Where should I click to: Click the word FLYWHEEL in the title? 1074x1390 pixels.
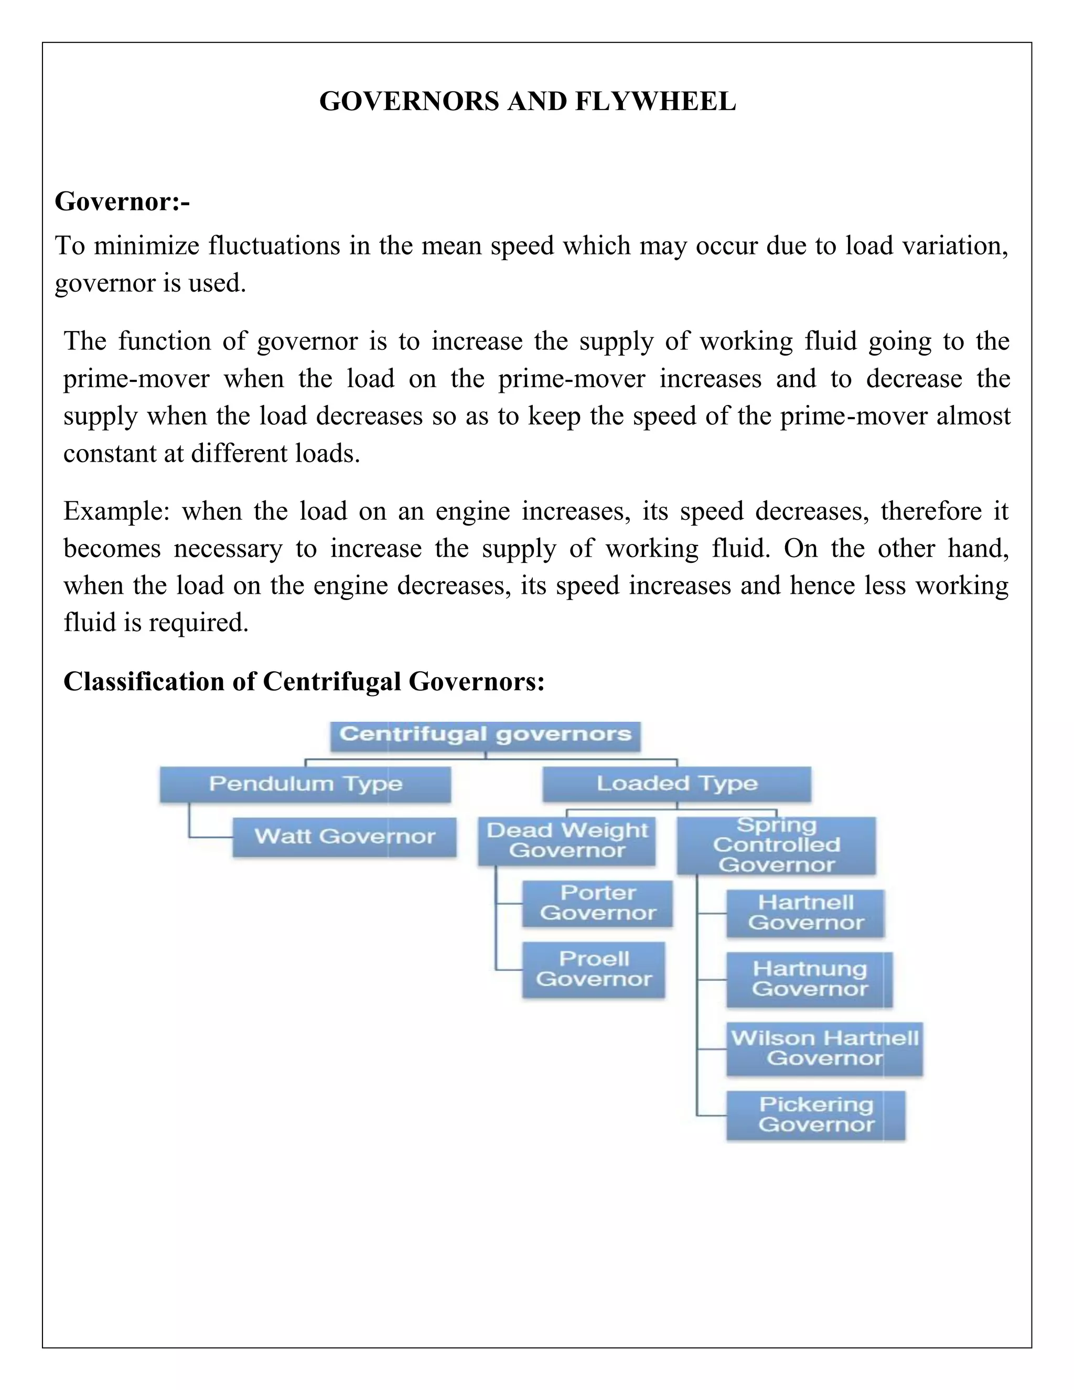point(656,102)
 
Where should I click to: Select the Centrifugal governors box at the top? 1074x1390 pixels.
point(485,736)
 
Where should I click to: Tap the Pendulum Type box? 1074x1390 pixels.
point(305,784)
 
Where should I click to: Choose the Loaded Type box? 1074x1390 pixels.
point(676,784)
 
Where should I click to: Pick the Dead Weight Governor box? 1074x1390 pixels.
point(566,841)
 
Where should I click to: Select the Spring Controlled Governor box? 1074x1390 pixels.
point(776,845)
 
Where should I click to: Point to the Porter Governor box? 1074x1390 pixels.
point(597,903)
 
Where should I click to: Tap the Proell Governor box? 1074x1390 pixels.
point(594,969)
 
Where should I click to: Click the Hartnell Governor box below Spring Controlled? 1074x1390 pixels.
point(805,913)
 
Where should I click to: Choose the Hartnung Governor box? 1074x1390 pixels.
point(809,979)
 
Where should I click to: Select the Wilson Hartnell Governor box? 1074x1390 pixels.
point(824,1048)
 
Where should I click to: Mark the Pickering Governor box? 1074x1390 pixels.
point(815,1115)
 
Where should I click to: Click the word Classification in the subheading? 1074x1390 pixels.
point(143,682)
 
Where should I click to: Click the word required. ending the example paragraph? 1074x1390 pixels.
point(199,623)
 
